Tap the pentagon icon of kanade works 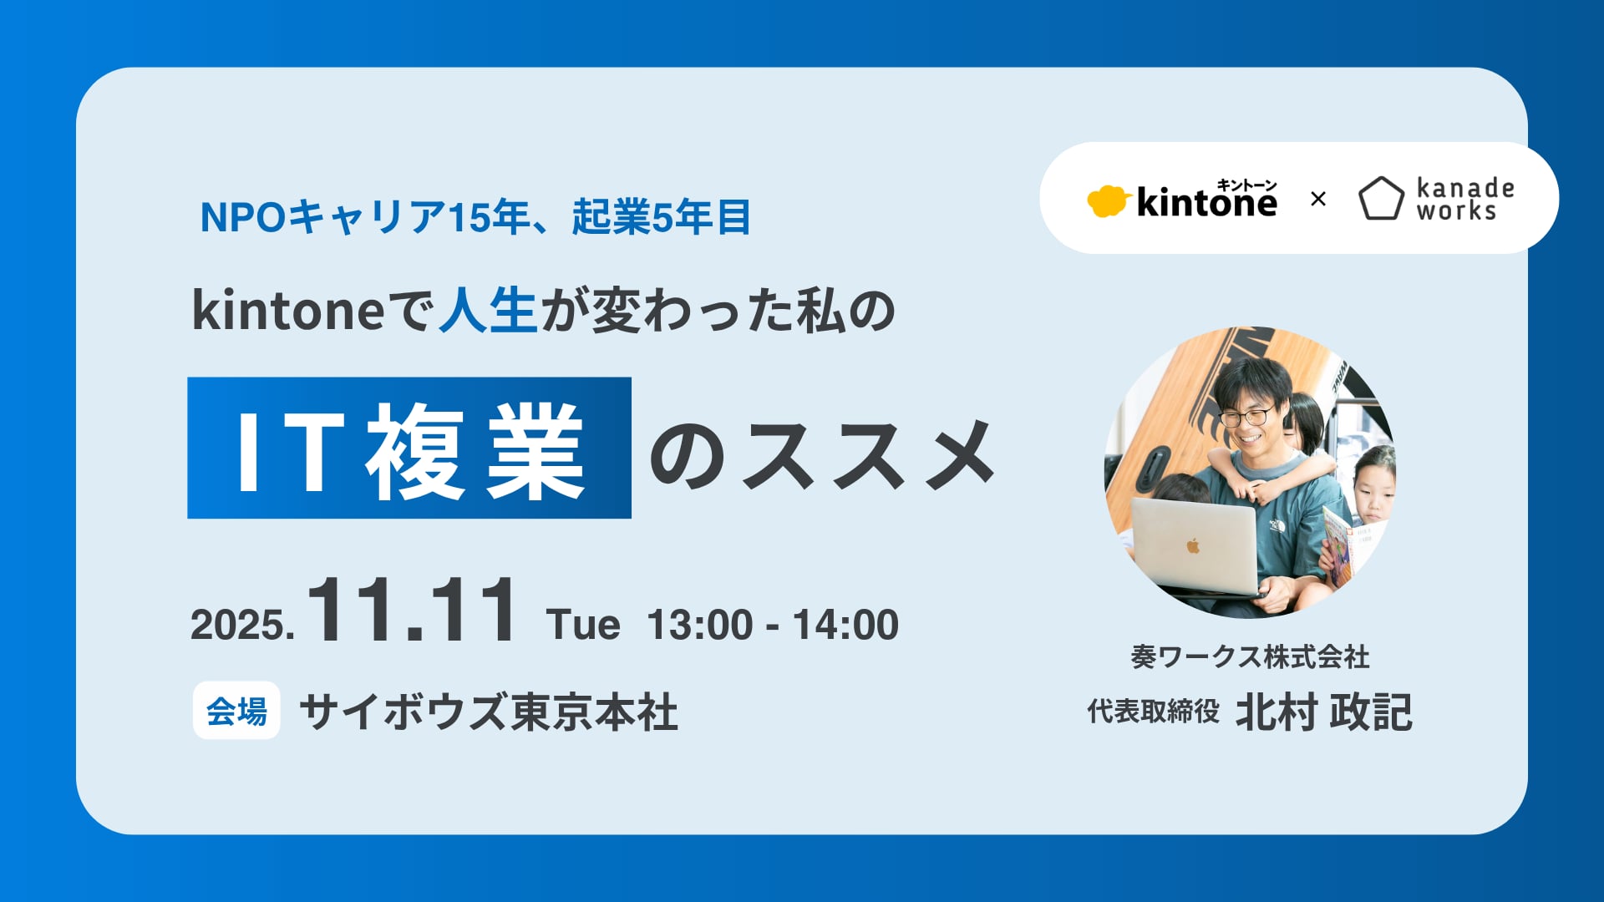pyautogui.click(x=1381, y=199)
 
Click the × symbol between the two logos pyautogui.click(x=1318, y=200)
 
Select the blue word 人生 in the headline pyautogui.click(x=488, y=310)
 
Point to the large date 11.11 pyautogui.click(x=412, y=611)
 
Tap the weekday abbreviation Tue pyautogui.click(x=583, y=625)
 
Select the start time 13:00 pyautogui.click(x=700, y=625)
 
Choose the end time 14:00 pyautogui.click(x=845, y=625)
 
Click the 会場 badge pyautogui.click(x=236, y=711)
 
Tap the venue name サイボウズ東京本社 pyautogui.click(x=489, y=712)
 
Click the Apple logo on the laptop pyautogui.click(x=1193, y=546)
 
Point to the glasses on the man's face pyautogui.click(x=1247, y=416)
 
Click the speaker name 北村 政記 pyautogui.click(x=1324, y=712)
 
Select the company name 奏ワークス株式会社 pyautogui.click(x=1250, y=657)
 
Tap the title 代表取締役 pyautogui.click(x=1153, y=712)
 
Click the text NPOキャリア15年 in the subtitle pyautogui.click(x=363, y=217)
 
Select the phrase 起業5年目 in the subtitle pyautogui.click(x=661, y=217)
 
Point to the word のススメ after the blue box pyautogui.click(x=823, y=454)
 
